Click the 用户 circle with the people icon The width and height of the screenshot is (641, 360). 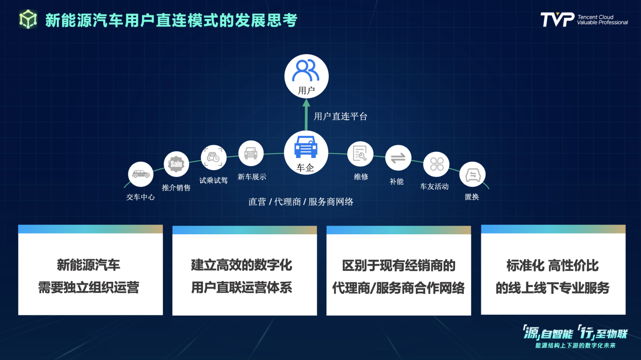306,76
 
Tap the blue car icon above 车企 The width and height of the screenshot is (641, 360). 306,147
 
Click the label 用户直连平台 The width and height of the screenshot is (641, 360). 340,116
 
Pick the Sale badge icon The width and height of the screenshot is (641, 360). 176,164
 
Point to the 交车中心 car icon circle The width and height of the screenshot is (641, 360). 141,174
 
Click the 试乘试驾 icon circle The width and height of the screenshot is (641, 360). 214,158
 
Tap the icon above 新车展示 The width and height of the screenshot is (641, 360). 251,153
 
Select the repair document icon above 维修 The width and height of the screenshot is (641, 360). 360,153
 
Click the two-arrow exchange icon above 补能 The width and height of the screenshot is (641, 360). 398,158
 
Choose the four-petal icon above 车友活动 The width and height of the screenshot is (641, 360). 437,164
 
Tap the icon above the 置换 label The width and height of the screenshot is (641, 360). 473,174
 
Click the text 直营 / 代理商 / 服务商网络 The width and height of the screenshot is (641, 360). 301,202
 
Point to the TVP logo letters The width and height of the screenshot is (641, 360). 557,19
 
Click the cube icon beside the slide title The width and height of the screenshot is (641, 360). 28,19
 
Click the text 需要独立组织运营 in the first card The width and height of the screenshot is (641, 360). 89,287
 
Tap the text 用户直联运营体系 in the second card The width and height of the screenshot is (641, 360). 242,287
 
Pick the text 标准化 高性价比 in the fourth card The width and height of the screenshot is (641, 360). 552,265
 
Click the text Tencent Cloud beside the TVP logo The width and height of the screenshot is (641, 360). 596,17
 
